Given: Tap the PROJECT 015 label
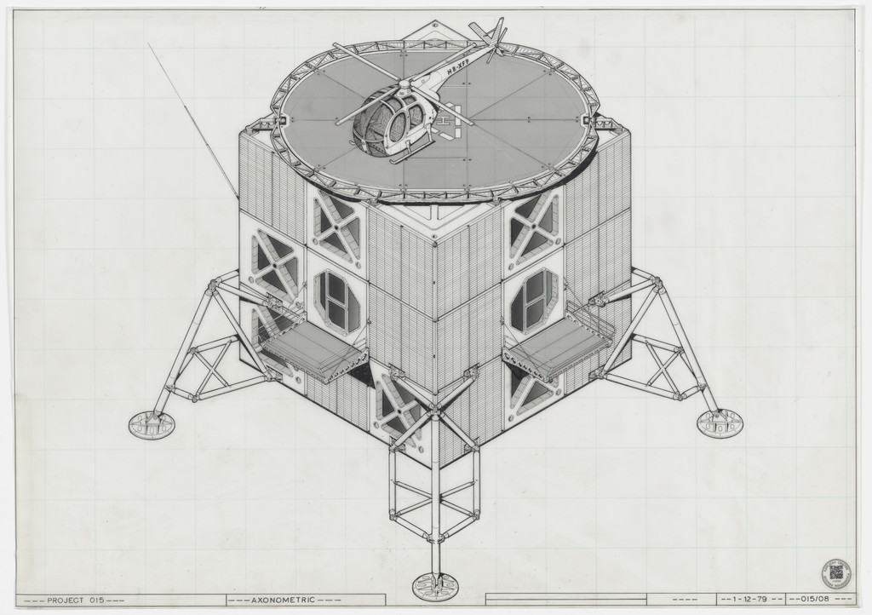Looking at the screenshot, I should [76, 601].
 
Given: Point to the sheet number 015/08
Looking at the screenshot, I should [818, 600].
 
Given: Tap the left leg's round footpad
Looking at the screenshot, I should [151, 423].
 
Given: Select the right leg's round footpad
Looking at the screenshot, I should [720, 422].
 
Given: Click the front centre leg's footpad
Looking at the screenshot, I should [434, 586].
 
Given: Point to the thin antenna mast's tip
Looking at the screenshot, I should [149, 44].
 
